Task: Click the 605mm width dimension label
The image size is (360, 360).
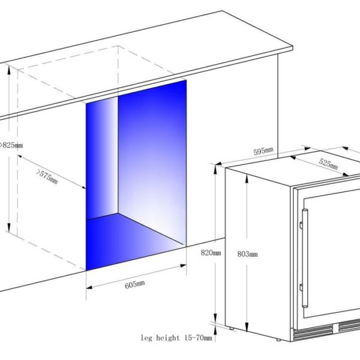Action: click(x=134, y=284)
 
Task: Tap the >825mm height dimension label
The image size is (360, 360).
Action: click(x=11, y=145)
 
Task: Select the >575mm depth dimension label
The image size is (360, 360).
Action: click(x=47, y=177)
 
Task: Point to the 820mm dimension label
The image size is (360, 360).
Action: click(x=211, y=253)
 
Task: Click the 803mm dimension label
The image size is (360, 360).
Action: click(x=247, y=254)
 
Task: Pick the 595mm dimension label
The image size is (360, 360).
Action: click(x=263, y=151)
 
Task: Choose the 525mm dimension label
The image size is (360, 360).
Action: click(x=328, y=164)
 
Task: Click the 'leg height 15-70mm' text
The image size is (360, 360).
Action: click(x=176, y=338)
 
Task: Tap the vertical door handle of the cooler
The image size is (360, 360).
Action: click(x=305, y=258)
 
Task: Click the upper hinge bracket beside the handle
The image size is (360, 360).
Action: click(x=301, y=225)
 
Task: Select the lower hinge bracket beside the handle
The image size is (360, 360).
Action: click(x=301, y=287)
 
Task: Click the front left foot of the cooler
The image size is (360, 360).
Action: click(x=278, y=340)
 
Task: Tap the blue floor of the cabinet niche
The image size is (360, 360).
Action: click(x=128, y=239)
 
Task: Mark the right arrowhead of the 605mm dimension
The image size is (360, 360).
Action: click(x=183, y=266)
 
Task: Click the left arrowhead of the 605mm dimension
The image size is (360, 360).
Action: click(x=89, y=287)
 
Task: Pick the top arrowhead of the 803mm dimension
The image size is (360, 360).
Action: click(x=247, y=178)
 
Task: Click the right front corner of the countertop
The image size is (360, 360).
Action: click(x=292, y=49)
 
